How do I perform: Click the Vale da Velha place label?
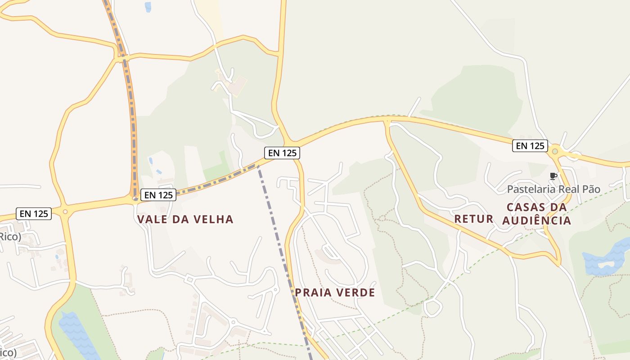185,219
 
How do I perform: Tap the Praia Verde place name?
335,292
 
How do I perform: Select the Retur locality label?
474,219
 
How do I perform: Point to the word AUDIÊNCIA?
536,220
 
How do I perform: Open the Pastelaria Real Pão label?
553,189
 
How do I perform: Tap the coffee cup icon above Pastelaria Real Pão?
553,176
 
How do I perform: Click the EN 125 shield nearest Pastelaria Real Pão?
530,146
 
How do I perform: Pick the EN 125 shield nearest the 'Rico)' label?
34,213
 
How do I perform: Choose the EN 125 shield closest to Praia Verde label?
282,153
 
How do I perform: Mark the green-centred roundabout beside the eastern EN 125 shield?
555,151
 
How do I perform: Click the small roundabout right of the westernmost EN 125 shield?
65,211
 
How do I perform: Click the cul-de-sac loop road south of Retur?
433,308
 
